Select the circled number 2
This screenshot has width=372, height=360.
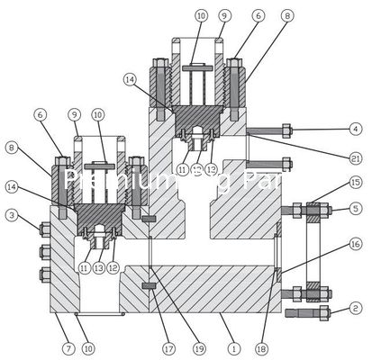tap(357, 309)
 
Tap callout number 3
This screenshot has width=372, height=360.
tap(12, 215)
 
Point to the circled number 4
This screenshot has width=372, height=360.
tap(357, 129)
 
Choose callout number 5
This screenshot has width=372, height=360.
tap(357, 209)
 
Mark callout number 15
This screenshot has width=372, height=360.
tap(357, 183)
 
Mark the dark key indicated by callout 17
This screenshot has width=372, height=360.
tap(149, 288)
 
